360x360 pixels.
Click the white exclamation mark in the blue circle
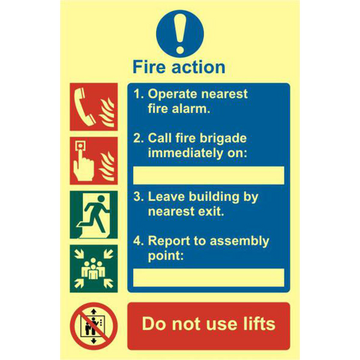[x=180, y=33]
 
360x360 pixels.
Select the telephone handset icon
[x=84, y=107]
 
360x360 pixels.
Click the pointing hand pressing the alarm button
[x=83, y=162]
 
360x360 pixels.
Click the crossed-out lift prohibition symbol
[x=94, y=326]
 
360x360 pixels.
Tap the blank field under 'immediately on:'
[x=209, y=175]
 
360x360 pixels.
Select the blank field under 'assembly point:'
[x=209, y=278]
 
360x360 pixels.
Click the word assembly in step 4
[x=240, y=241]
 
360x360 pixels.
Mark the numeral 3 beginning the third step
[x=137, y=197]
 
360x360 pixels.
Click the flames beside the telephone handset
[x=107, y=113]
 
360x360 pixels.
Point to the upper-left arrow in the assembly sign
[x=79, y=254]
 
